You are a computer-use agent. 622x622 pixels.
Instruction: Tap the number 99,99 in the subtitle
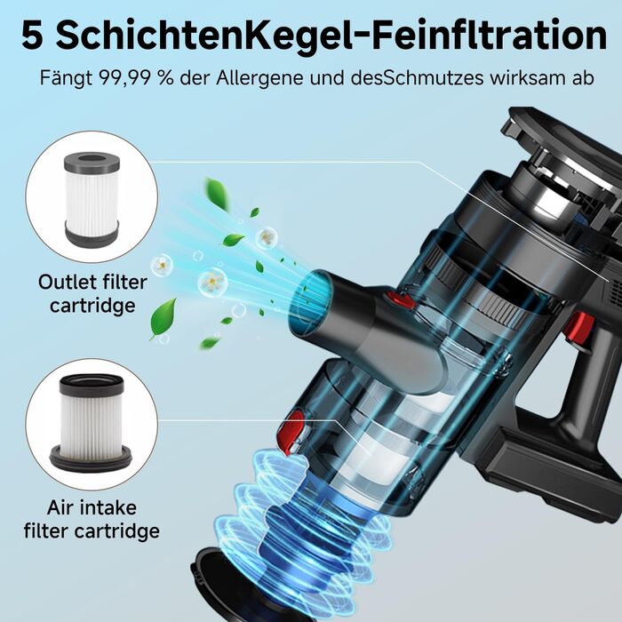click(x=126, y=78)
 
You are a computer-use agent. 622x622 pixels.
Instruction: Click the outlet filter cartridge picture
click(x=92, y=198)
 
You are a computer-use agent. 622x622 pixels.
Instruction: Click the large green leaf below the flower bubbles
click(x=163, y=318)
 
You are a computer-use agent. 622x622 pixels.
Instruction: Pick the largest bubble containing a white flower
click(x=212, y=282)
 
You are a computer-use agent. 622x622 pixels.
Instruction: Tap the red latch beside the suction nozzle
click(x=400, y=299)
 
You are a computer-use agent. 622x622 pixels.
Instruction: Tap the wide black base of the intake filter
click(x=91, y=459)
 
